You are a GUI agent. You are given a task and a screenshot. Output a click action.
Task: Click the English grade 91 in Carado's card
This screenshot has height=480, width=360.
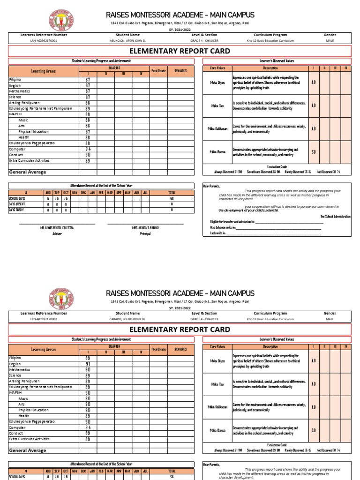click(x=87, y=364)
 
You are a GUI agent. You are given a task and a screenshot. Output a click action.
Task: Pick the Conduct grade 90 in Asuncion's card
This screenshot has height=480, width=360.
click(x=87, y=155)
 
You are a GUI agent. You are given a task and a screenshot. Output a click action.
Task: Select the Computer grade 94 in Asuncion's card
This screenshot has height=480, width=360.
click(x=87, y=149)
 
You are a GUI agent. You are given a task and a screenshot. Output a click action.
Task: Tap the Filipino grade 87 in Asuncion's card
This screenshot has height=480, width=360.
click(x=87, y=80)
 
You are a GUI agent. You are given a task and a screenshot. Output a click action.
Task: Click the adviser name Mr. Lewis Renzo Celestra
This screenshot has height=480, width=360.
click(x=57, y=227)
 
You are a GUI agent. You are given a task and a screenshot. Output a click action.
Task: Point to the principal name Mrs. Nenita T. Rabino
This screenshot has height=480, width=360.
click(x=145, y=227)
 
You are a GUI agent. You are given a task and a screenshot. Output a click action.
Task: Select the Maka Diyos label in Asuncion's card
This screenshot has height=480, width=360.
click(x=217, y=82)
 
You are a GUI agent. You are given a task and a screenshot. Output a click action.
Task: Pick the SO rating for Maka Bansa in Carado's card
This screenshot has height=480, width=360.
click(x=314, y=430)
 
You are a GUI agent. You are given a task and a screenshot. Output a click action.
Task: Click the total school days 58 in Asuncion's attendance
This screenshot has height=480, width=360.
click(x=172, y=198)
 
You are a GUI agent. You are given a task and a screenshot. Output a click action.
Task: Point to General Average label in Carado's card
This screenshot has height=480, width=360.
click(x=28, y=450)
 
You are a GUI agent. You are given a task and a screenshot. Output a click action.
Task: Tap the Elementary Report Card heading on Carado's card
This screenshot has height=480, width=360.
click(x=180, y=329)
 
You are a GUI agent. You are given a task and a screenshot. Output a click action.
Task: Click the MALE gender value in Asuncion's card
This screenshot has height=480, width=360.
click(x=330, y=41)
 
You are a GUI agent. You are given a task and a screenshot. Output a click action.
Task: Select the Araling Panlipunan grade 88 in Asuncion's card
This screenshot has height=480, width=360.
click(x=87, y=103)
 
